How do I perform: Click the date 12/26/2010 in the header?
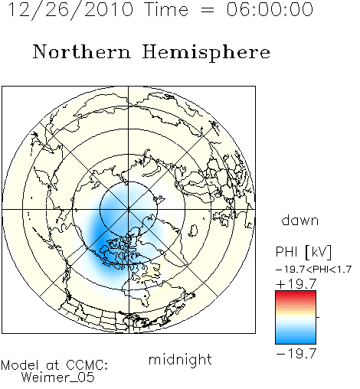point(71,10)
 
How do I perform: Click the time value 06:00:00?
point(270,9)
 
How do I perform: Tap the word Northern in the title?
point(82,51)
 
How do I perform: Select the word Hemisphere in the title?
point(206,53)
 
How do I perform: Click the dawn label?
point(300,221)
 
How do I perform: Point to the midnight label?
point(180,359)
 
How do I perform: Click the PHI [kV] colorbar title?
point(303,252)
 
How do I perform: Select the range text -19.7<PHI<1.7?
point(314,270)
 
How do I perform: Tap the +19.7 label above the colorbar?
point(296,284)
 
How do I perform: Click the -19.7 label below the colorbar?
point(296,354)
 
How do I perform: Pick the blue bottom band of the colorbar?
point(296,339)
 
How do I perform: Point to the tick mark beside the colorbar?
point(318,317)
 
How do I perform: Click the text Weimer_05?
point(57,378)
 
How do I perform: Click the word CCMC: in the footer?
point(87,365)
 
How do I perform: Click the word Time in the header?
point(166,9)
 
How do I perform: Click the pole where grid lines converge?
point(129,210)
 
